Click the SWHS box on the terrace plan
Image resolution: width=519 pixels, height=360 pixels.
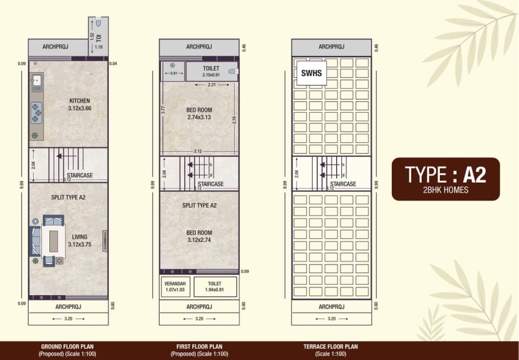pos(311,73)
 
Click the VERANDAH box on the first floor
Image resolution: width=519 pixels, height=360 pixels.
pos(175,287)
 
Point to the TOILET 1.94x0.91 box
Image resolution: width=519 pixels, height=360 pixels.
pos(215,287)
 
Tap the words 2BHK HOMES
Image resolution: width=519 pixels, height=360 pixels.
pos(445,190)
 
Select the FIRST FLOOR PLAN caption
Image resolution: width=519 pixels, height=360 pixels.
pos(199,347)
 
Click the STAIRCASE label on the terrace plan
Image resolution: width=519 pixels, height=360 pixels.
pos(343,184)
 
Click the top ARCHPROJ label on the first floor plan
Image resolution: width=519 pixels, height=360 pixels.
pos(199,47)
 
